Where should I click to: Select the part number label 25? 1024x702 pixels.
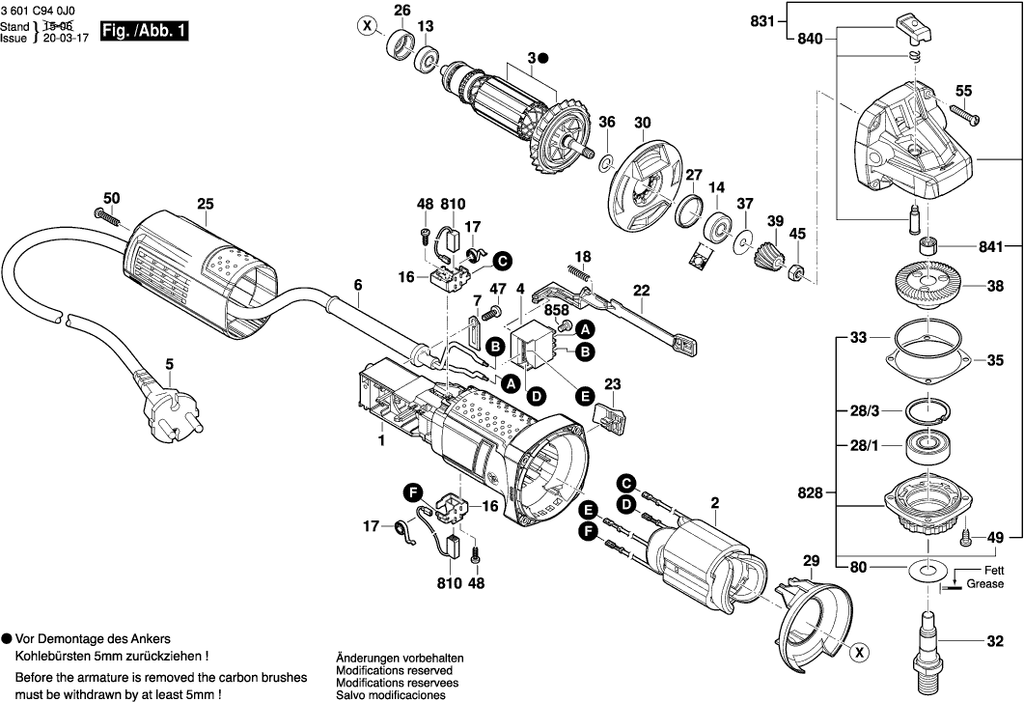point(206,204)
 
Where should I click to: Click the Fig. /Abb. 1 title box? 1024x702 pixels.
point(144,31)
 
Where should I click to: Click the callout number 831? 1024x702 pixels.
point(762,21)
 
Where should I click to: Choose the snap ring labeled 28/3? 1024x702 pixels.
point(927,411)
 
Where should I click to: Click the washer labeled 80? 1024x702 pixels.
point(927,569)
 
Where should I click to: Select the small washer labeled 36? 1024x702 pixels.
point(606,161)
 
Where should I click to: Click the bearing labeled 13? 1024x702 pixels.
point(427,60)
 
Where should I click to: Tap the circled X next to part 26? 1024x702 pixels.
point(368,26)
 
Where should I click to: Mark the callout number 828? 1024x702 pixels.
point(811,492)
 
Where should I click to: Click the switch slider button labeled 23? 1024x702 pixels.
point(609,418)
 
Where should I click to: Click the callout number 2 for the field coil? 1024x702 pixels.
point(715,503)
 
